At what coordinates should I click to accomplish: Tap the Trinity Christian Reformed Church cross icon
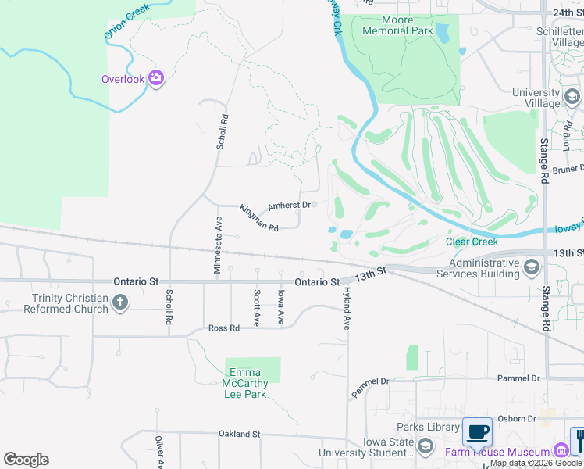119,303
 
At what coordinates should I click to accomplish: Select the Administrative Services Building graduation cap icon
532,268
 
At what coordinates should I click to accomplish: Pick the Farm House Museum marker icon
560,451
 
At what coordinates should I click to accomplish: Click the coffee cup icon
477,431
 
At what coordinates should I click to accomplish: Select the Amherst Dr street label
290,206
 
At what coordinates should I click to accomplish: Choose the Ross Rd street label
223,328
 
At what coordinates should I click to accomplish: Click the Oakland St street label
239,434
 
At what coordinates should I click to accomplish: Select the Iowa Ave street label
280,307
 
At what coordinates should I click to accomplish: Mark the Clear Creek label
472,242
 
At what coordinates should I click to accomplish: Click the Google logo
27,460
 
